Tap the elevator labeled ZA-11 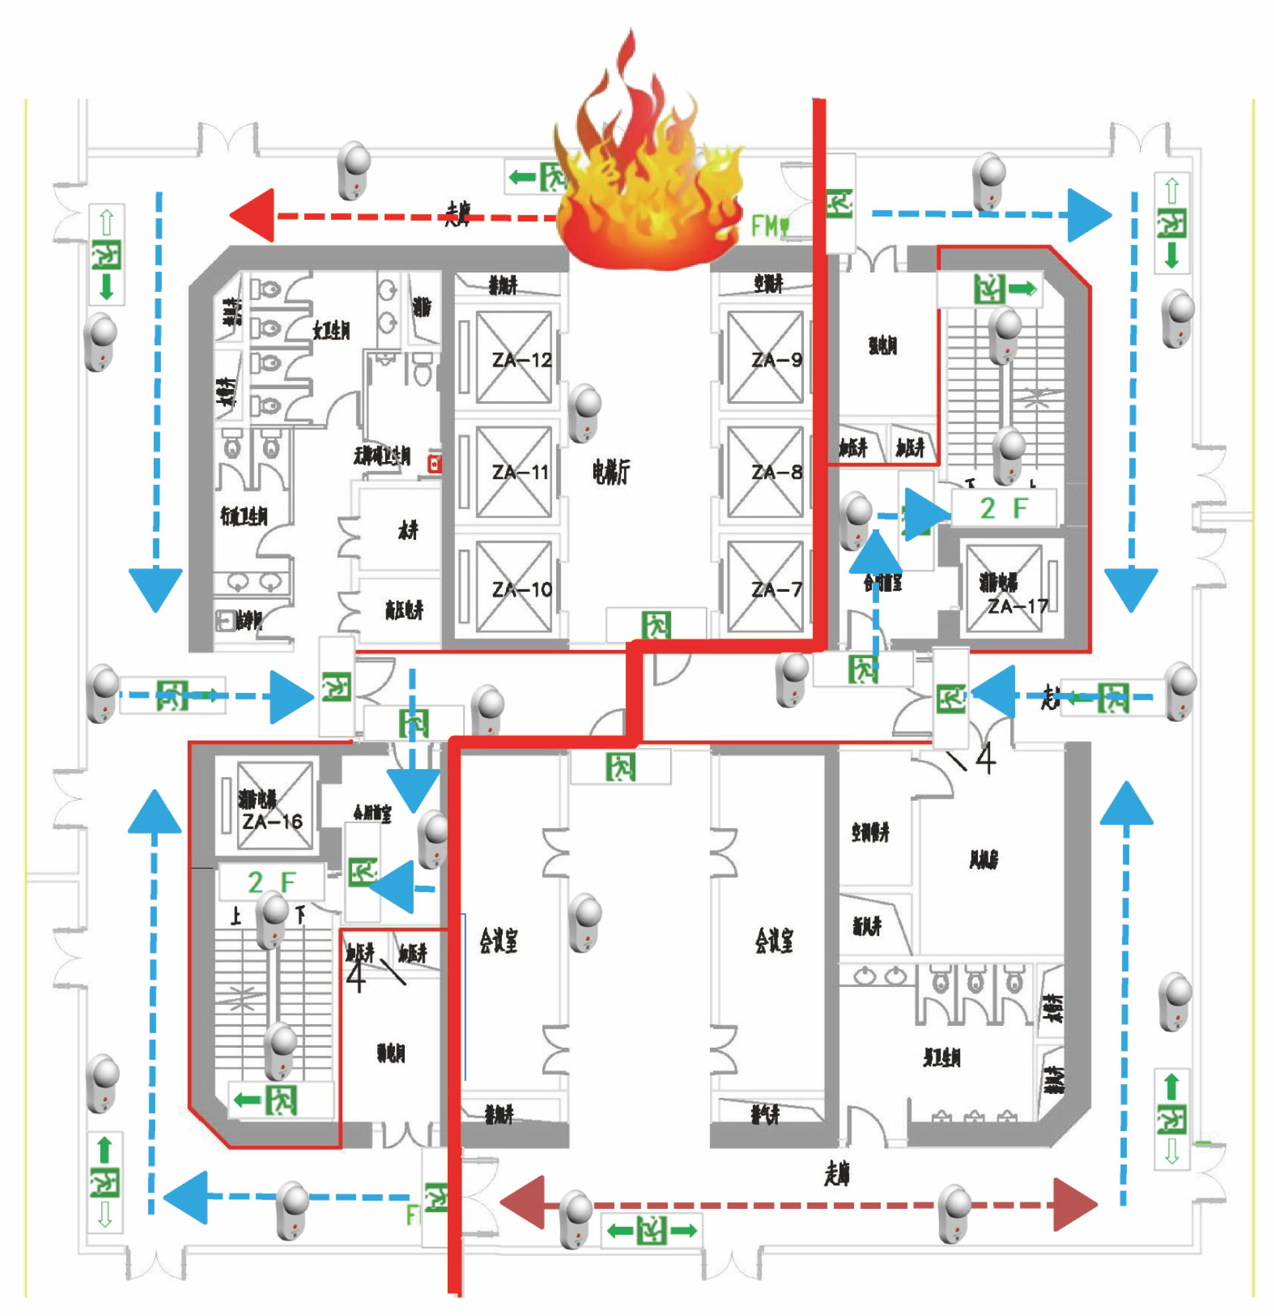point(514,472)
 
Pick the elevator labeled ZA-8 point(766,472)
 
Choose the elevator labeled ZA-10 point(514,589)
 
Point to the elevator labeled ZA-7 point(766,589)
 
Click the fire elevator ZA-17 point(1005,589)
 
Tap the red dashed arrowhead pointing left point(254,215)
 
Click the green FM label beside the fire point(768,225)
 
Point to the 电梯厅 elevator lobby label point(611,472)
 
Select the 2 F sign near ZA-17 point(1003,508)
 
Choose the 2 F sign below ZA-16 point(271,882)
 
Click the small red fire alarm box point(435,463)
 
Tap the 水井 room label point(407,530)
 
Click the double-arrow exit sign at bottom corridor point(651,1231)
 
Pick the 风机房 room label point(983,859)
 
